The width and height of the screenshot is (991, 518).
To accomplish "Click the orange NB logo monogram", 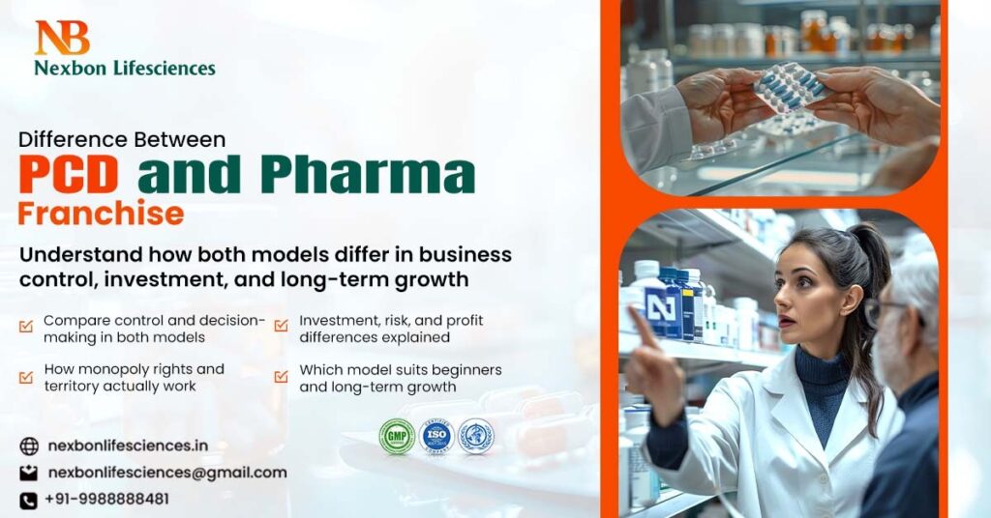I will point(62,38).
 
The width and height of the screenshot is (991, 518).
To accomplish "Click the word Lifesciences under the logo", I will point(160,68).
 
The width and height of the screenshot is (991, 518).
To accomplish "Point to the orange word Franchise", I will point(101,213).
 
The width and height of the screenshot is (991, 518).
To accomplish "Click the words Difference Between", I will point(122,140).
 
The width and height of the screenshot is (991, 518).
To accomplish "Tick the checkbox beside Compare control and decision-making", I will point(26,327).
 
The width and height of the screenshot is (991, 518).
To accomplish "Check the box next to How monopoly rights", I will point(26,377).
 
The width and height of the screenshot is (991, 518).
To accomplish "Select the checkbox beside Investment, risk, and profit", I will point(281,327).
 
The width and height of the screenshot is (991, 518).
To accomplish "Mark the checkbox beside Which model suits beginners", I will point(281,377).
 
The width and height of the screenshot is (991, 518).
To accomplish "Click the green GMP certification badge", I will point(397,436).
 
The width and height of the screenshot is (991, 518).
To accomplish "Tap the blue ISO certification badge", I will point(437,436).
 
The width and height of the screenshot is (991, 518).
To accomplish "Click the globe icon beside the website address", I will point(29,446).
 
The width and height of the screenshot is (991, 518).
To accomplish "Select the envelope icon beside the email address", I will point(29,474).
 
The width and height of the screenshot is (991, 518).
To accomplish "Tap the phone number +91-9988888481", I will point(106,500).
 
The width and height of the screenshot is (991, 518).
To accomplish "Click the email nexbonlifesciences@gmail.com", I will point(167,473).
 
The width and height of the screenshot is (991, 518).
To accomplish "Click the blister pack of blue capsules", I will point(790,87).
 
